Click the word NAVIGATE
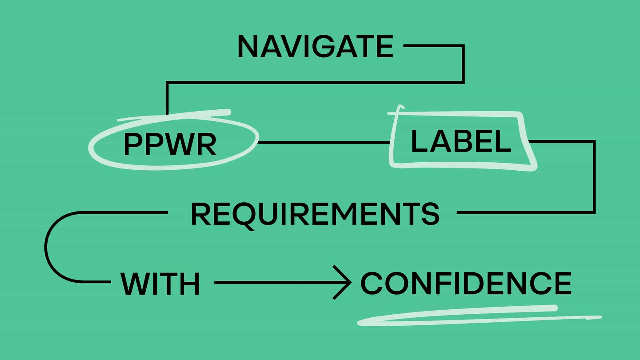(315, 46)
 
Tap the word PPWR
(170, 144)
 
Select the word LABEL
(461, 141)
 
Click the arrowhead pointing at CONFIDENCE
(342, 282)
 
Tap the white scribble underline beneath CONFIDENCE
(479, 315)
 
